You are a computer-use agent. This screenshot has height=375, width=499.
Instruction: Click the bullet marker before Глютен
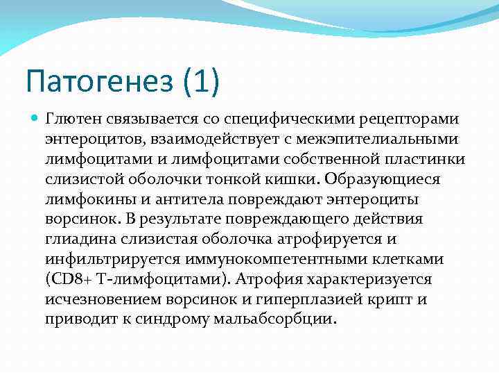pyautogui.click(x=36, y=119)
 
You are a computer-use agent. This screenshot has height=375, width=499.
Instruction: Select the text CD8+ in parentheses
pyautogui.click(x=72, y=280)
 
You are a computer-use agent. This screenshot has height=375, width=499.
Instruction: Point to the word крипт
pyautogui.click(x=401, y=300)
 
